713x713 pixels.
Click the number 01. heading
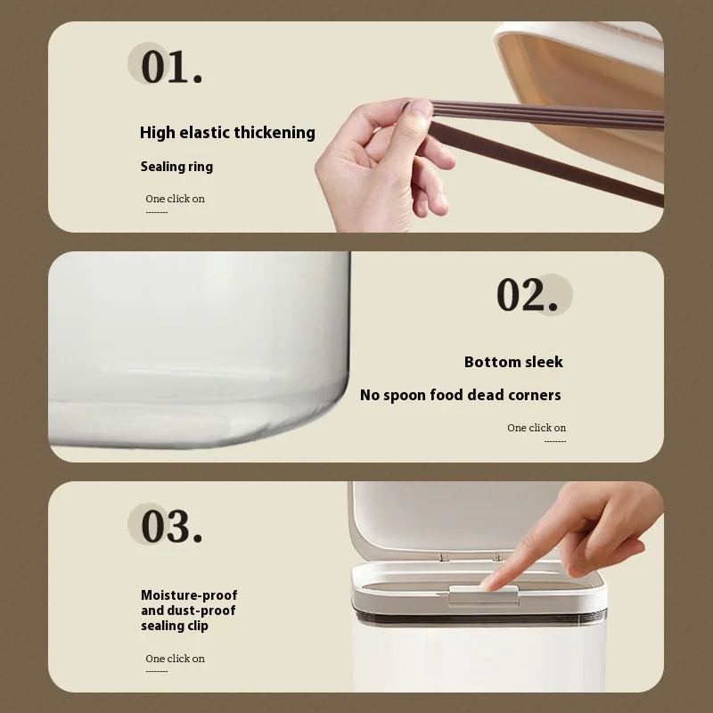tap(171, 66)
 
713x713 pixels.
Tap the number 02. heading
tap(527, 295)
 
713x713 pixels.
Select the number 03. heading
tap(171, 526)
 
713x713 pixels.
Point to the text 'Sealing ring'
tap(176, 167)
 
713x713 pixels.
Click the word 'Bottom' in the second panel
tap(493, 362)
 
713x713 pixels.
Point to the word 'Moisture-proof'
tap(189, 595)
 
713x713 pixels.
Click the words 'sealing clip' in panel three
tap(175, 626)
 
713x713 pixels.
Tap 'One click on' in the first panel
tap(175, 199)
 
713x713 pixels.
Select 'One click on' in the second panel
tap(537, 428)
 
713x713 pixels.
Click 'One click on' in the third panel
tap(175, 659)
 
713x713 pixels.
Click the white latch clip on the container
tap(484, 595)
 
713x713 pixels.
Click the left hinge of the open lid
tap(444, 556)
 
